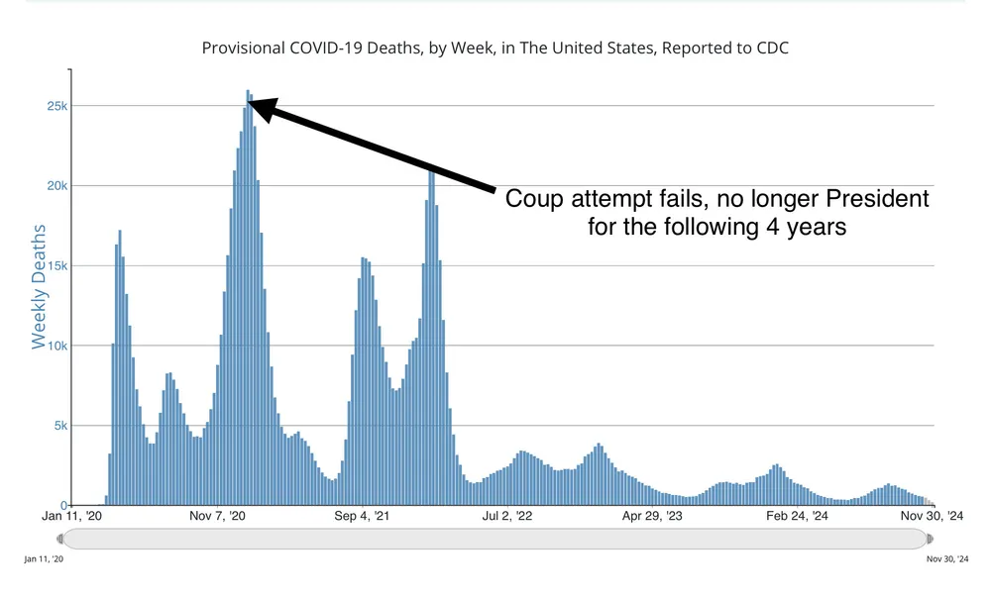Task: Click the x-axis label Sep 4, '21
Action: (x=363, y=516)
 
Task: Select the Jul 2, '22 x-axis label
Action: (x=505, y=516)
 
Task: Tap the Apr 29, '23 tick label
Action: (x=650, y=516)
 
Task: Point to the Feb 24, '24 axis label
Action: (x=795, y=516)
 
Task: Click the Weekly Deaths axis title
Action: (x=40, y=286)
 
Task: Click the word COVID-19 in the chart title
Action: (x=319, y=48)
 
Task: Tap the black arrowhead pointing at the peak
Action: (x=261, y=107)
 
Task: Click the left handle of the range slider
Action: (x=61, y=539)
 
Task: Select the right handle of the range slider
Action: (x=929, y=539)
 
